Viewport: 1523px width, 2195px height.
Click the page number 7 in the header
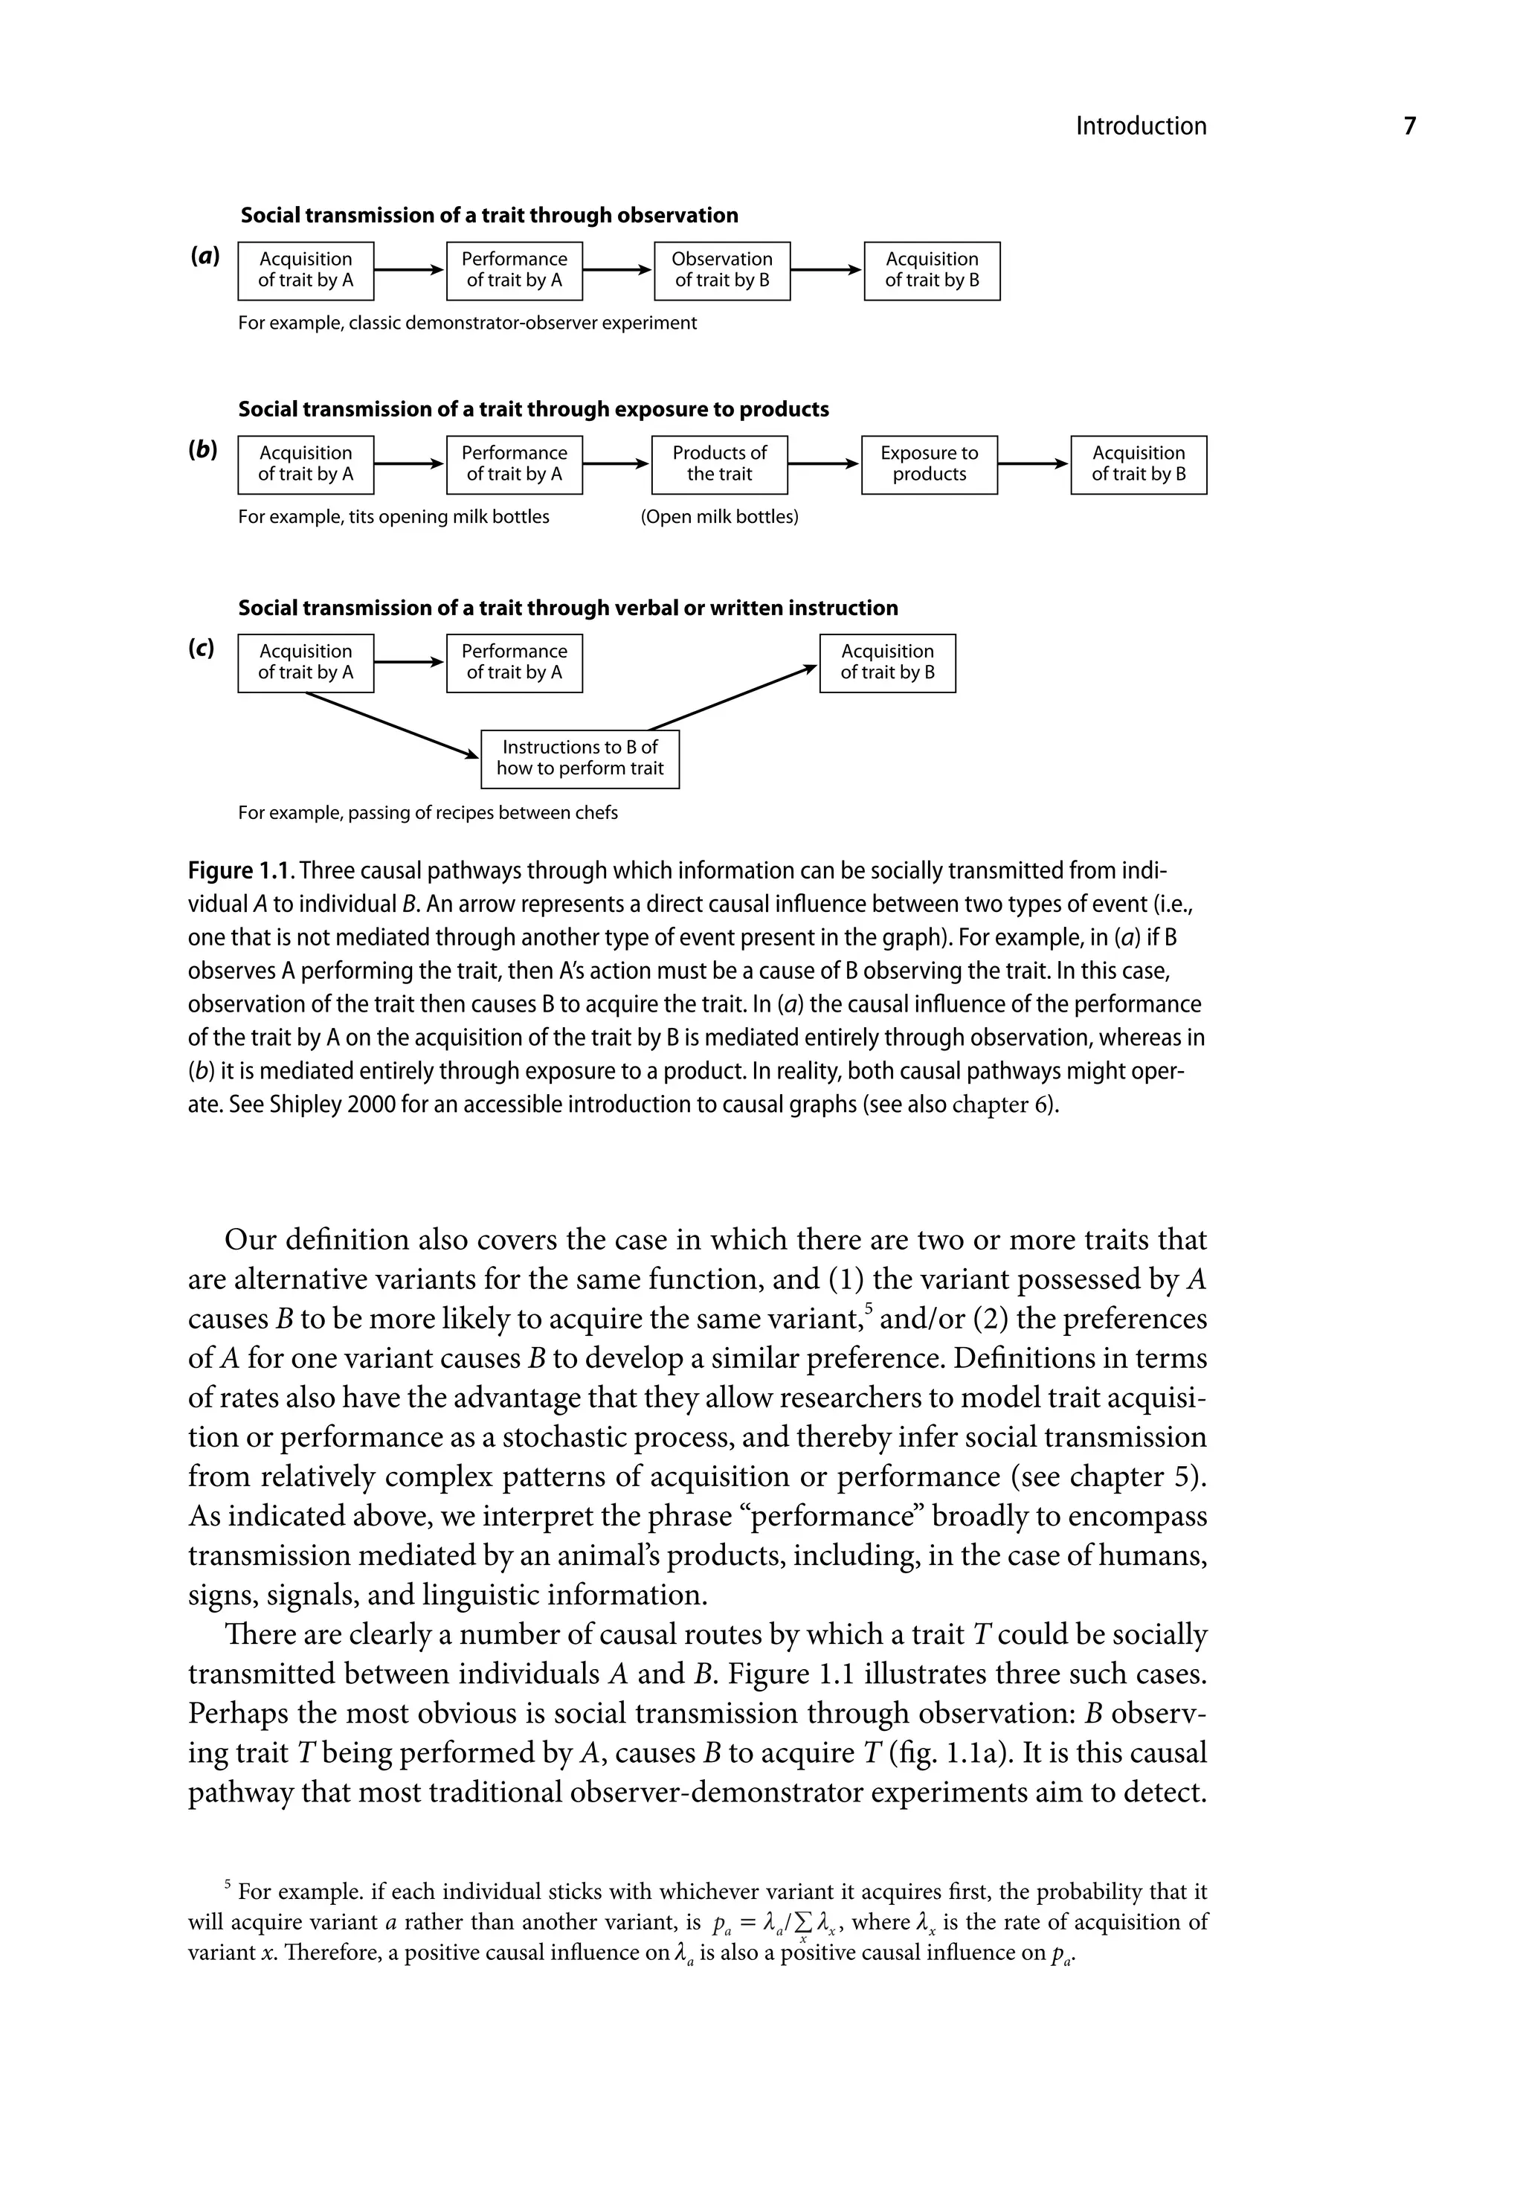(x=1409, y=126)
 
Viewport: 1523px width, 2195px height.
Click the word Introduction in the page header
(x=1140, y=126)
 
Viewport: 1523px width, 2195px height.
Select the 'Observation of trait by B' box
(x=721, y=270)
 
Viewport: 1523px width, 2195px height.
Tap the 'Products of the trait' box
(x=720, y=464)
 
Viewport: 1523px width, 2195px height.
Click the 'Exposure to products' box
(x=929, y=464)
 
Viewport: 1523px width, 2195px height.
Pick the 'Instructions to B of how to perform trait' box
(x=579, y=759)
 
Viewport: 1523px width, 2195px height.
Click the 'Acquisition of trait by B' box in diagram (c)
(x=886, y=662)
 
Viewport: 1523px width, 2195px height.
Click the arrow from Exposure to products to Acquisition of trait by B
(x=1034, y=464)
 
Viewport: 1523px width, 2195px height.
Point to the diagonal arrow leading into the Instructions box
(x=391, y=725)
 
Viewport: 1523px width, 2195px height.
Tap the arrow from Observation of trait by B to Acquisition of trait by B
(x=826, y=270)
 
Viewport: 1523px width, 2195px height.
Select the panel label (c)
(x=202, y=648)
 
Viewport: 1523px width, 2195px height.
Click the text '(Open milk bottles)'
(x=720, y=517)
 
